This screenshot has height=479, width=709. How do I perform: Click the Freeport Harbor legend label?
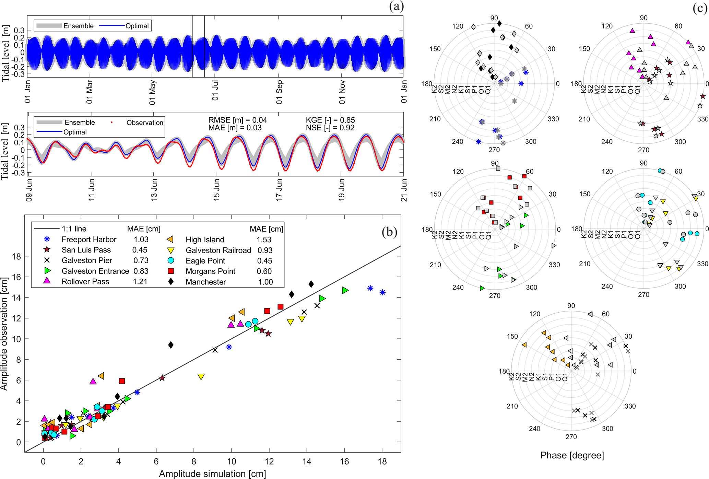click(x=89, y=239)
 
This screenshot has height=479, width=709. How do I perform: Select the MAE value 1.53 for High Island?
click(x=264, y=239)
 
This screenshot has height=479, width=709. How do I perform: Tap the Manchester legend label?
click(x=206, y=282)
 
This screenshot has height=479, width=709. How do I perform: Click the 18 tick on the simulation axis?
click(x=382, y=462)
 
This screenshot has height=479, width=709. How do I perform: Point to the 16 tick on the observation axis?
click(x=16, y=277)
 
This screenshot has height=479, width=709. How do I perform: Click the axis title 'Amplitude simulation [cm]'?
click(x=212, y=474)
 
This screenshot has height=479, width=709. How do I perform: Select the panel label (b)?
click(x=389, y=232)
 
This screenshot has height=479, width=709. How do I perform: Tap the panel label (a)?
click(x=396, y=6)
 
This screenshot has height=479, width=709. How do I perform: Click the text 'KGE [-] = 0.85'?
click(x=330, y=120)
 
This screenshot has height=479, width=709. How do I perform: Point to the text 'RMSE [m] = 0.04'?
click(x=237, y=120)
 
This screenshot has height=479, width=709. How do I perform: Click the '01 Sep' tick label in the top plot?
click(x=279, y=92)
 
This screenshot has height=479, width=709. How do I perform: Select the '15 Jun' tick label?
click(x=216, y=190)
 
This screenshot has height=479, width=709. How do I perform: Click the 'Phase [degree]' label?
click(x=572, y=455)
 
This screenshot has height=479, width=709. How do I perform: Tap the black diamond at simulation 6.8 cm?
click(x=171, y=345)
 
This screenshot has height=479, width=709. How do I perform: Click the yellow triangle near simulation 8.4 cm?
click(x=201, y=377)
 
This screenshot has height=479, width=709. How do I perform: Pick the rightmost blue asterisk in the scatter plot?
click(x=382, y=292)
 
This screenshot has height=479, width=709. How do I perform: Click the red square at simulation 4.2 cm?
click(x=122, y=381)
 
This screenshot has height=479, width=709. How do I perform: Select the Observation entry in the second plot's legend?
click(x=144, y=122)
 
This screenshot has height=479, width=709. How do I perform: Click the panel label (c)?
click(x=699, y=8)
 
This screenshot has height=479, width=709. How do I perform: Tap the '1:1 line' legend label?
click(x=74, y=229)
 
